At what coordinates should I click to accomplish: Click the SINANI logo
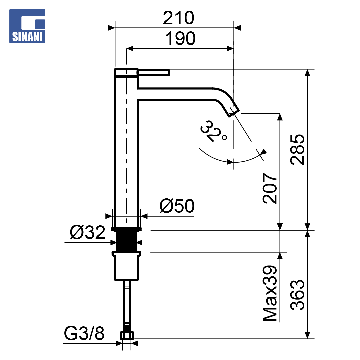pyautogui.click(x=27, y=26)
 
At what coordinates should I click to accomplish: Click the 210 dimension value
pyautogui.click(x=178, y=18)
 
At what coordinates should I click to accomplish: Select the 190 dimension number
pyautogui.click(x=180, y=39)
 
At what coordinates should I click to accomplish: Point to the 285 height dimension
pyautogui.click(x=297, y=150)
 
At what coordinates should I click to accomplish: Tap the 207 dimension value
pyautogui.click(x=270, y=188)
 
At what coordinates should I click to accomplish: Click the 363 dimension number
pyautogui.click(x=297, y=295)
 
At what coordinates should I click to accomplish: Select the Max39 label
pyautogui.click(x=270, y=293)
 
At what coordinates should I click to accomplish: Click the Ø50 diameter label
pyautogui.click(x=177, y=206)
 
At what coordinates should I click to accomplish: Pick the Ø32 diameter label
pyautogui.click(x=87, y=232)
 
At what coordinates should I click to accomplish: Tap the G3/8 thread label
pyautogui.click(x=84, y=333)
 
